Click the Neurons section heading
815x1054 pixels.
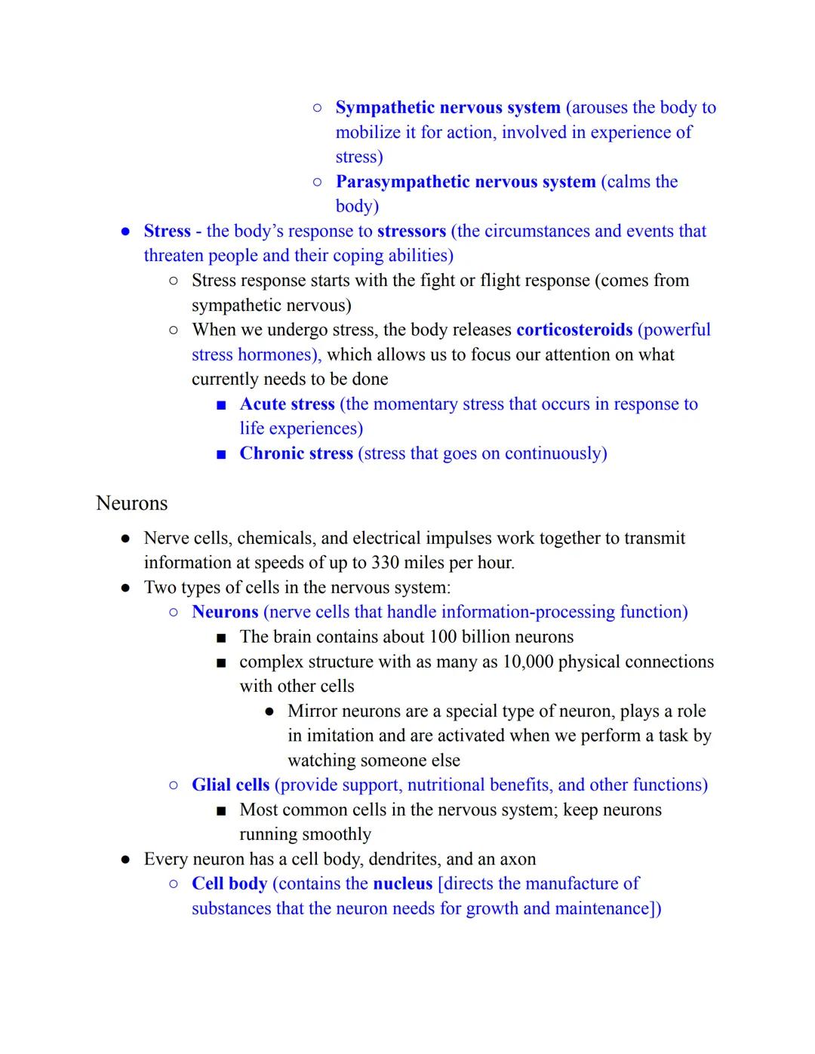click(x=132, y=503)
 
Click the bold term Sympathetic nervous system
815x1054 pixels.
click(x=447, y=108)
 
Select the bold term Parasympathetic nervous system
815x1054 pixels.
click(x=465, y=182)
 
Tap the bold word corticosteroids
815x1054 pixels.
click(x=574, y=330)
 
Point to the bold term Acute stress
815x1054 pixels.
click(x=287, y=404)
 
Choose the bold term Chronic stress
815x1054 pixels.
click(x=296, y=453)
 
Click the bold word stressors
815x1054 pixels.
click(x=411, y=231)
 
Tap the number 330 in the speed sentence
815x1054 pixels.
click(x=385, y=563)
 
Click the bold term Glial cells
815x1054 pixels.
click(x=230, y=785)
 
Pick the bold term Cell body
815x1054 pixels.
click(x=229, y=883)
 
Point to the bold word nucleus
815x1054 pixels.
click(x=402, y=883)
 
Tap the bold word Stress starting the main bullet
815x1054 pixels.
click(x=167, y=231)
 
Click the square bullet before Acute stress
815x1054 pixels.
click(x=221, y=405)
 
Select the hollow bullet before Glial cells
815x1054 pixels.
click(x=174, y=785)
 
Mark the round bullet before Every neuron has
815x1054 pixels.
click(x=126, y=859)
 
